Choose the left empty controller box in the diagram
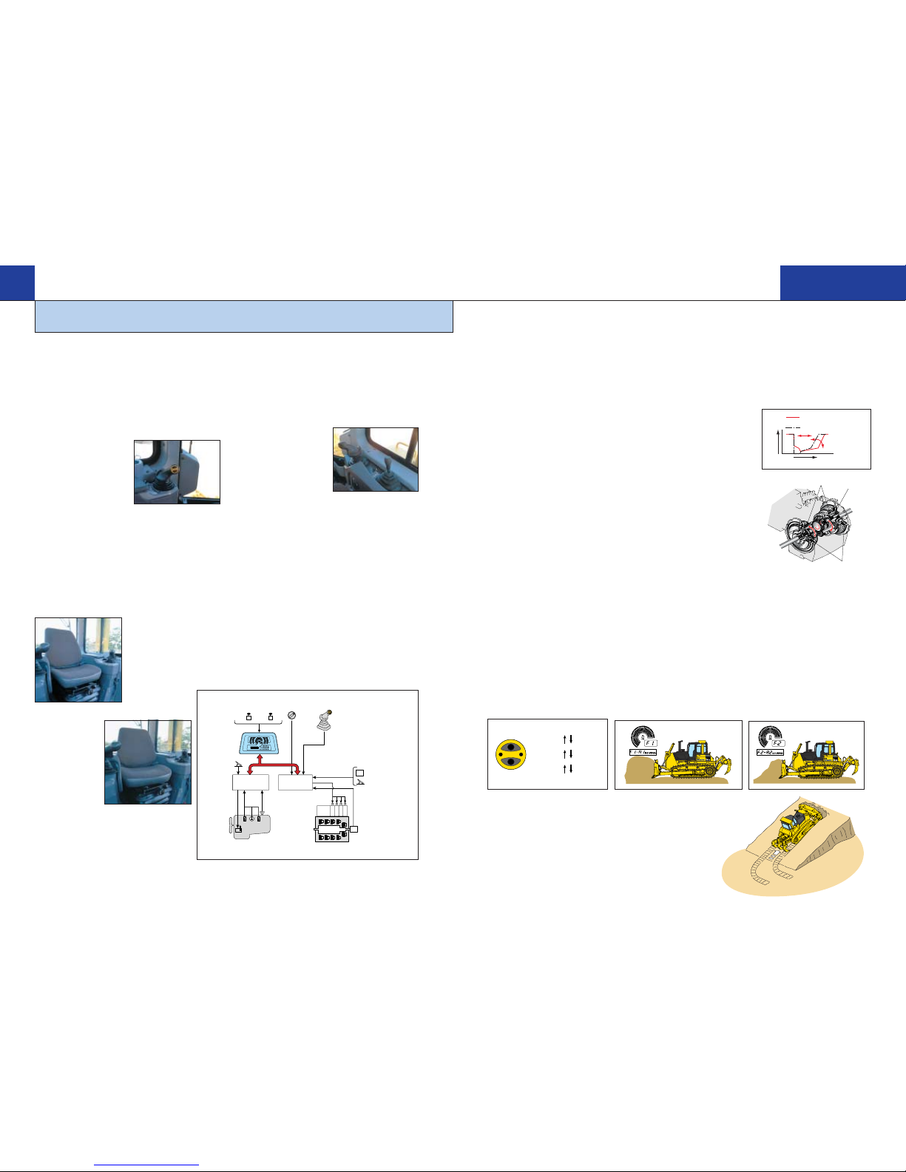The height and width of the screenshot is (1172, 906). (x=250, y=782)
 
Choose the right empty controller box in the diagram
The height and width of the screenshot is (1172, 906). (x=295, y=782)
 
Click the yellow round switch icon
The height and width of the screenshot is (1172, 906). (x=510, y=754)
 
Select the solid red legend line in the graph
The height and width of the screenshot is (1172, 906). (x=793, y=417)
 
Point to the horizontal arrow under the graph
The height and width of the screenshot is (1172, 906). (x=805, y=458)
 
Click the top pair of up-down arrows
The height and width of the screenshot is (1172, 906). (x=568, y=739)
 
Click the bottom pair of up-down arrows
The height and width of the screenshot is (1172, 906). (x=568, y=769)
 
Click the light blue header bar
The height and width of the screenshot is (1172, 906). (x=243, y=316)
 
